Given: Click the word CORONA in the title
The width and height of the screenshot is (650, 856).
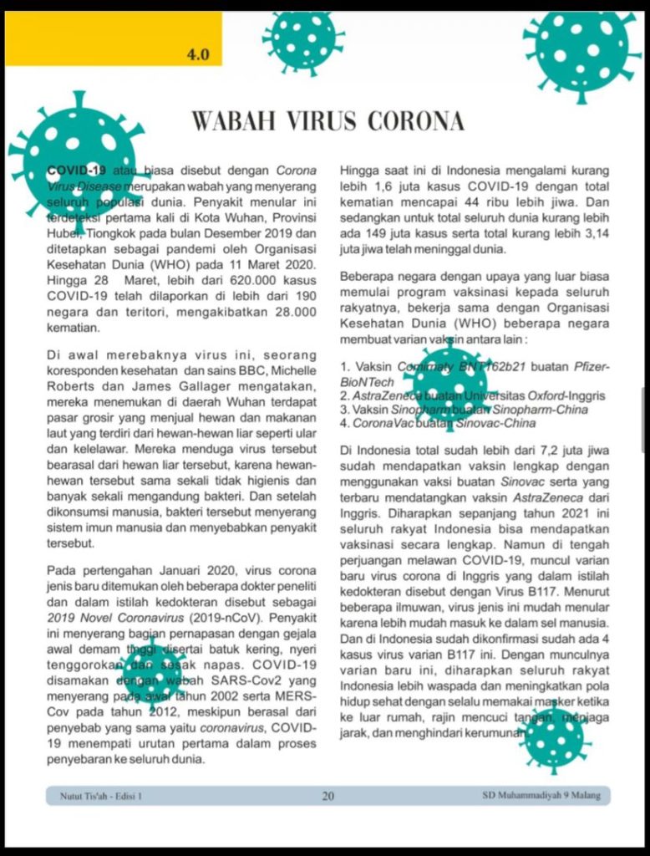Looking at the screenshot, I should tap(413, 122).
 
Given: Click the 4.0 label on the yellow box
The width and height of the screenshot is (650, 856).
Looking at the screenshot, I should tap(198, 55).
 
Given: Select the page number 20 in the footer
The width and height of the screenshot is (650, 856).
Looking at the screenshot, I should tap(328, 796).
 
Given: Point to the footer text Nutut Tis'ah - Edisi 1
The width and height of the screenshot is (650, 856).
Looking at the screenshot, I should tap(100, 796).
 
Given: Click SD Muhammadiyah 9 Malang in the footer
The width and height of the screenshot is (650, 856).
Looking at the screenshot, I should tap(541, 795).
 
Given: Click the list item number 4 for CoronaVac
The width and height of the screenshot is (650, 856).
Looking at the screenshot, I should tap(344, 424).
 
